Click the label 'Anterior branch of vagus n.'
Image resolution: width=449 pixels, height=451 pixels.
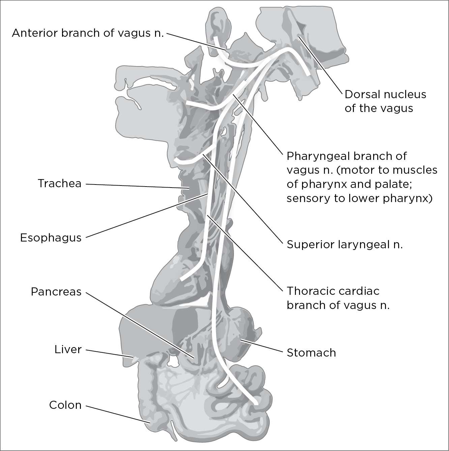tap(88, 33)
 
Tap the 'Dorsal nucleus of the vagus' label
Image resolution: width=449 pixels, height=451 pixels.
tap(385, 101)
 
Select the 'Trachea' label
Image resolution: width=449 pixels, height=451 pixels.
tap(60, 184)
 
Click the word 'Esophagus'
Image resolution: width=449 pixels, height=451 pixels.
tap(51, 237)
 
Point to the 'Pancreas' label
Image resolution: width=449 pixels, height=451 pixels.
tap(56, 291)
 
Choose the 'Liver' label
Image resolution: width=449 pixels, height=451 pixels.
tap(68, 349)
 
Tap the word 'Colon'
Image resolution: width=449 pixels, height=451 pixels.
tap(65, 405)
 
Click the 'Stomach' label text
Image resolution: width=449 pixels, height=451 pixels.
tap(311, 353)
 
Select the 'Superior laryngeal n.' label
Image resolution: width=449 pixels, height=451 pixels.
tap(345, 244)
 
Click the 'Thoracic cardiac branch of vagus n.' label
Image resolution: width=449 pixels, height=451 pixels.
tap(338, 298)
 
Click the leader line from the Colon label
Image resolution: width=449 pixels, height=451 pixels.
tap(118, 413)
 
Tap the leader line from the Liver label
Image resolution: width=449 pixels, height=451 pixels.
tap(108, 353)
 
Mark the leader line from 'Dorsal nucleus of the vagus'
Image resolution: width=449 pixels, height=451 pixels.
tap(320, 64)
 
